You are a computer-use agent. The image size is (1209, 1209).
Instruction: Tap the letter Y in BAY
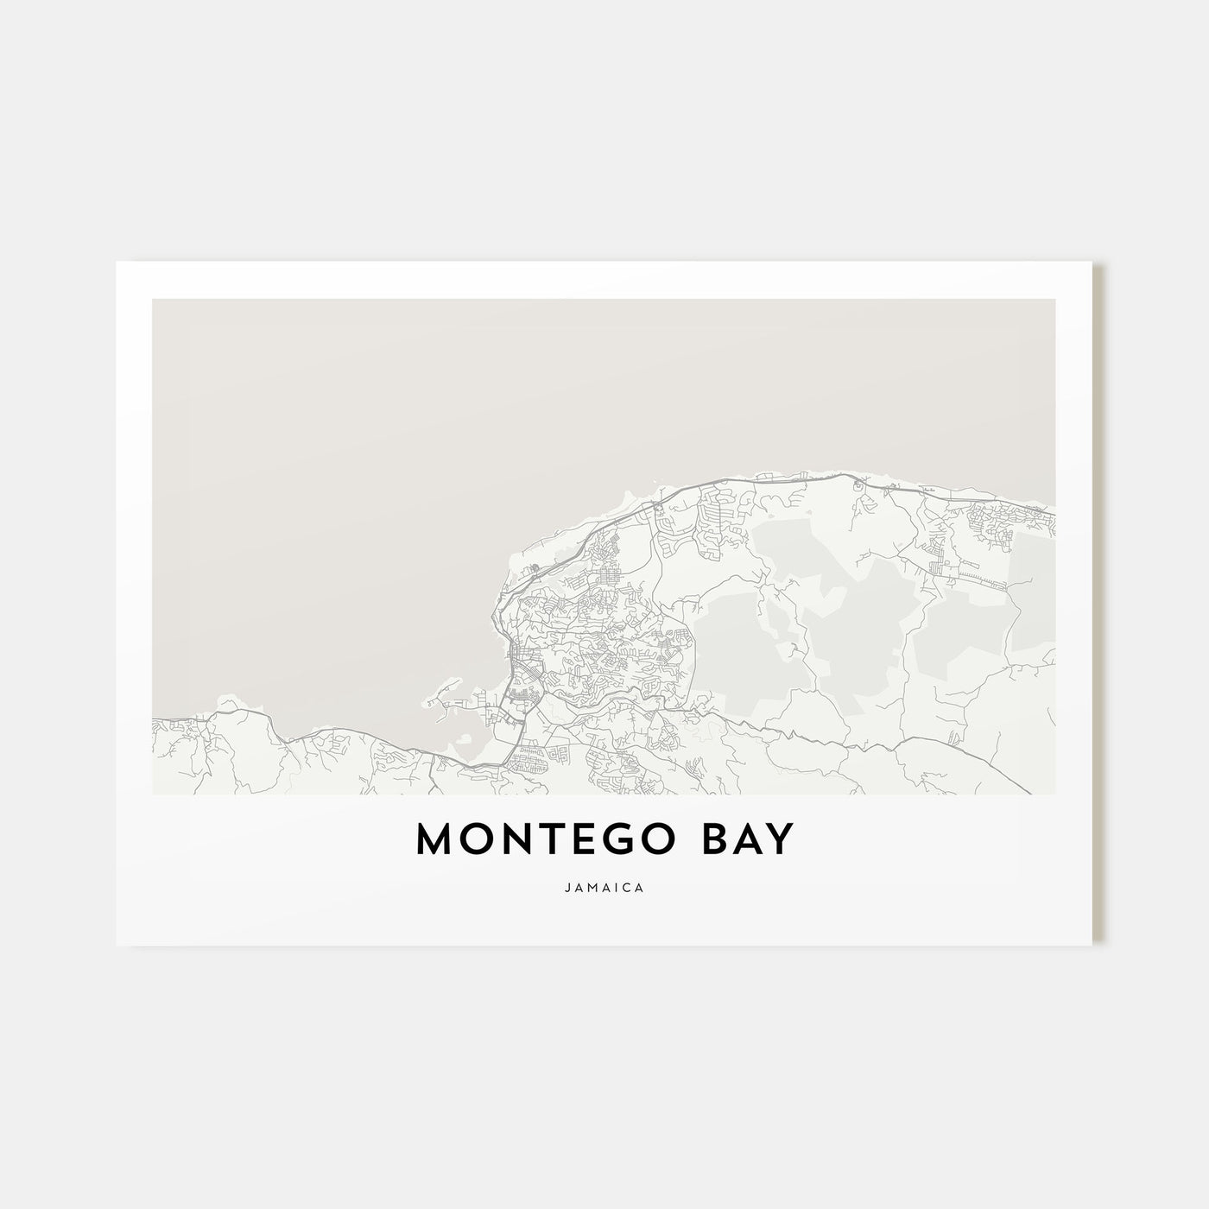777,840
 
